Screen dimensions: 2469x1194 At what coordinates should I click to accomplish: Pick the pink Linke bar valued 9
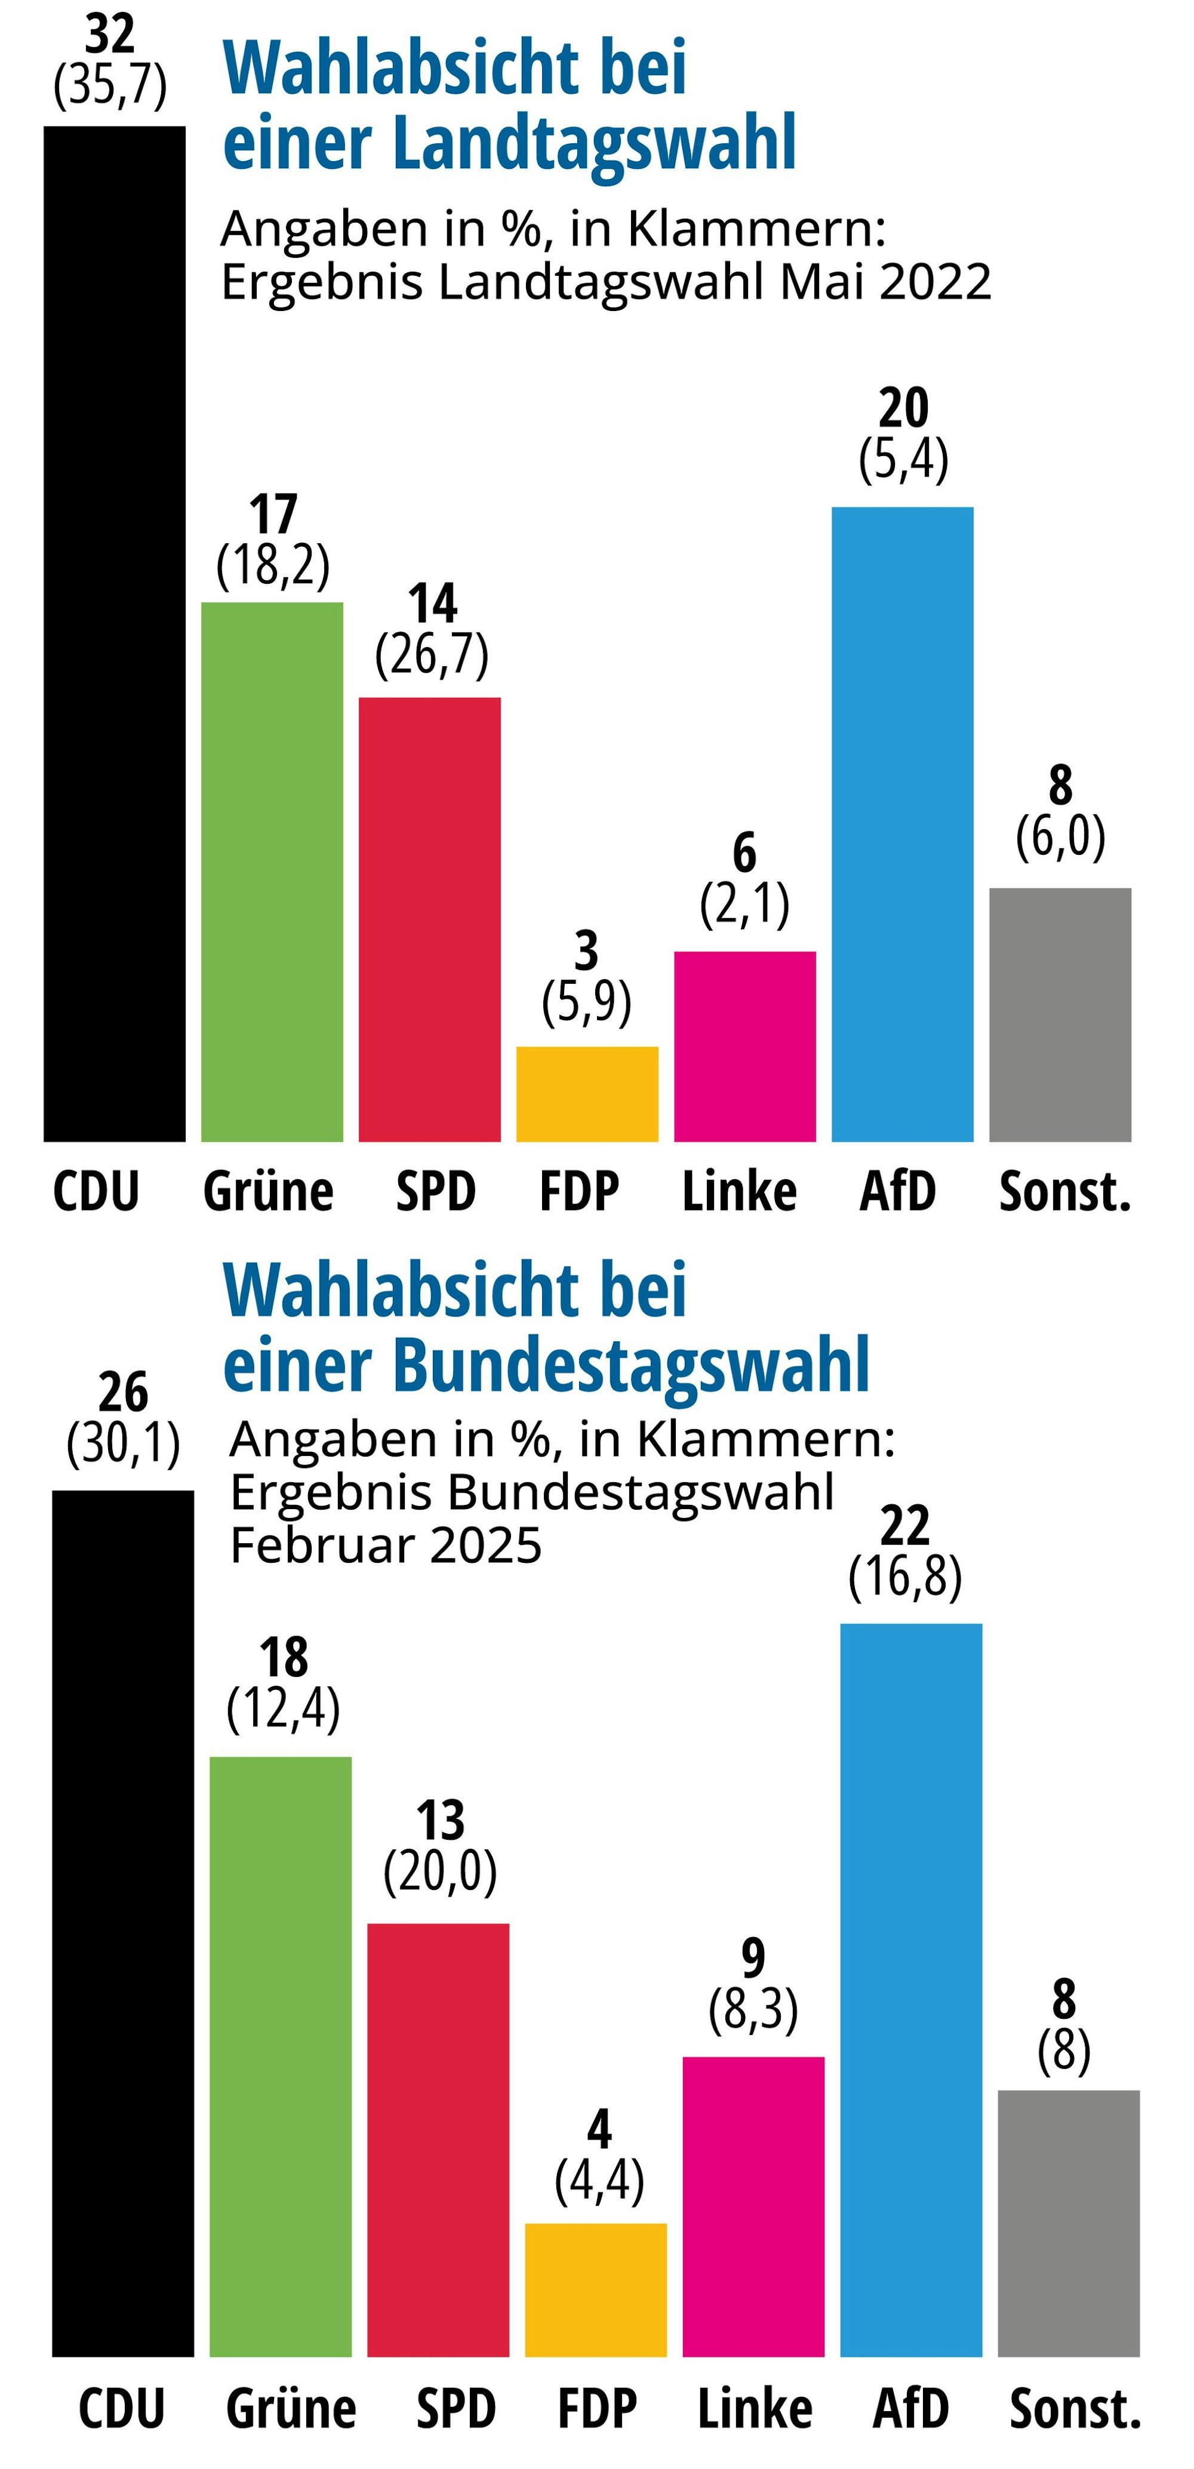click(x=753, y=2206)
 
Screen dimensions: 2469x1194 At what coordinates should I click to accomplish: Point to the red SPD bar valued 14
click(x=429, y=919)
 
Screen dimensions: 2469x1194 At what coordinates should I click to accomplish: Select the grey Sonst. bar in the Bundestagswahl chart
click(x=1069, y=2224)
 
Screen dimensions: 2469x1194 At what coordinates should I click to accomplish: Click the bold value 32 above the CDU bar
click(x=110, y=35)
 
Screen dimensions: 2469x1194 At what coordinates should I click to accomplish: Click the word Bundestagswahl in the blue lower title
click(x=630, y=1365)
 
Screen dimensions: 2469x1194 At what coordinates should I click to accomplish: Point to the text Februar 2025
click(x=386, y=1546)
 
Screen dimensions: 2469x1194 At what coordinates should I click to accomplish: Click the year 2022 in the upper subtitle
click(x=935, y=282)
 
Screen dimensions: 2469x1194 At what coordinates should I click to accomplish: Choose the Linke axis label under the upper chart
click(x=739, y=1192)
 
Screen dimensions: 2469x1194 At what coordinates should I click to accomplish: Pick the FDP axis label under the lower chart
click(x=597, y=2409)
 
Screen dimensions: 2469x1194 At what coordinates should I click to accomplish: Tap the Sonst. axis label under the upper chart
click(x=1064, y=1192)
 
